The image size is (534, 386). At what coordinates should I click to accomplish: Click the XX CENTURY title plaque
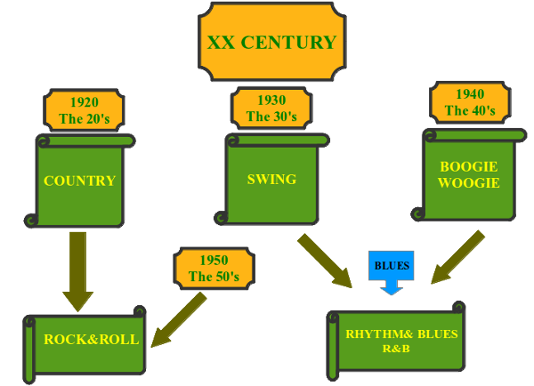tap(271, 43)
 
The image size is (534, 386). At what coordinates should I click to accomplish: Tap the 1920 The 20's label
tap(84, 109)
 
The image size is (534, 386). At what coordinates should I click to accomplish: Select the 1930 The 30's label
tap(271, 108)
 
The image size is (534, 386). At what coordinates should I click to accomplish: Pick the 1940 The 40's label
tap(469, 102)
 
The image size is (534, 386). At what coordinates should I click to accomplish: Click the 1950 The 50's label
tap(214, 268)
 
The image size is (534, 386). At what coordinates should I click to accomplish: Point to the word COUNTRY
tap(79, 181)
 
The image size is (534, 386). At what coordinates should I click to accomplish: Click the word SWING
tap(271, 179)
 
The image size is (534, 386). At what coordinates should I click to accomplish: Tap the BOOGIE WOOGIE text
tap(469, 174)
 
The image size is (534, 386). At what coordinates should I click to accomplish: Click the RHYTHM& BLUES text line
tap(401, 334)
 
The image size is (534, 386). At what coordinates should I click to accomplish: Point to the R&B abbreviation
tap(394, 348)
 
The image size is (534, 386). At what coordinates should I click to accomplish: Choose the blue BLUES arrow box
tap(391, 269)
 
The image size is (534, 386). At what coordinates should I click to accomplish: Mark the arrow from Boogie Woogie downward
tap(458, 256)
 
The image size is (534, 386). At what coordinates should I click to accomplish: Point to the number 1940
tap(469, 94)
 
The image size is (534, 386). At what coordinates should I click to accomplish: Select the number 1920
tap(84, 101)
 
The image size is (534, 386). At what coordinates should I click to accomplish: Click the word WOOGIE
tap(469, 183)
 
